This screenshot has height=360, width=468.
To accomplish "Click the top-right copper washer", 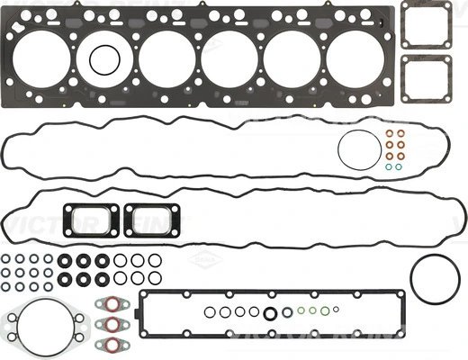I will coord(400,136).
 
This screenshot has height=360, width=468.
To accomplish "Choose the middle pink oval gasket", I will coord(113,321).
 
